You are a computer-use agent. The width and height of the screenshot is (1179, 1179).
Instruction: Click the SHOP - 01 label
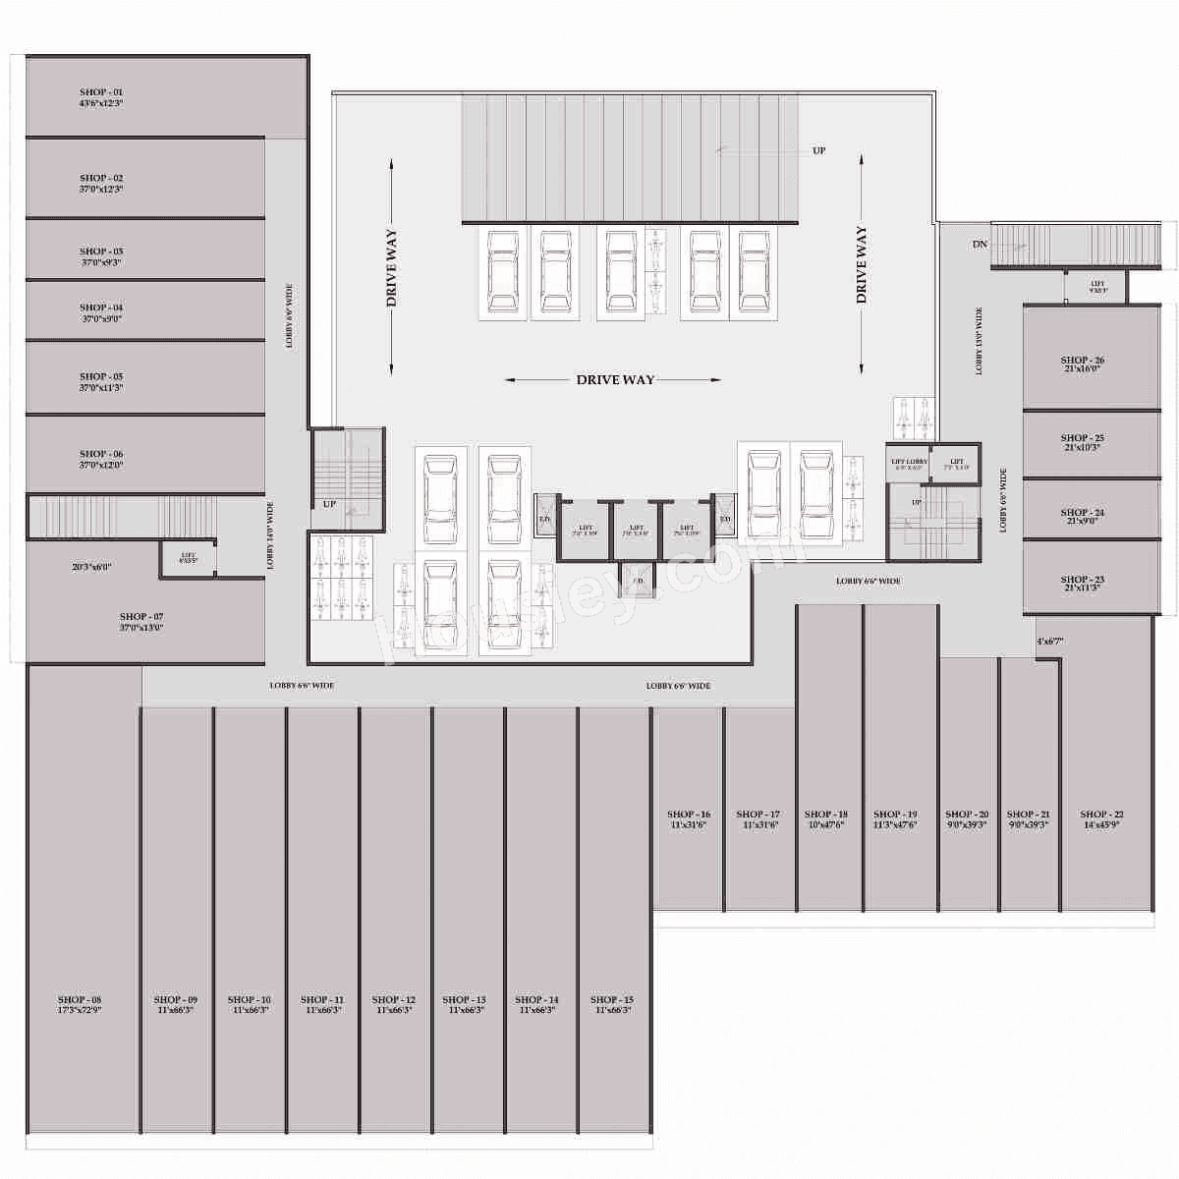coord(101,92)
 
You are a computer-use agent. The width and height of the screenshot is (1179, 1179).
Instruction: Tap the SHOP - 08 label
coord(80,999)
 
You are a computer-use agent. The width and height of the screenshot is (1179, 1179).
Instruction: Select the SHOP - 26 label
coord(1082,361)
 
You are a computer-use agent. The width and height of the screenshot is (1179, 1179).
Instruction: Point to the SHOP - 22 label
coord(1101,814)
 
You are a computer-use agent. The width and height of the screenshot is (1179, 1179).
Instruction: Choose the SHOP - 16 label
coord(689,814)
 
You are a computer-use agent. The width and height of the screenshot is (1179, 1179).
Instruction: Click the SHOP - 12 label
coord(393,999)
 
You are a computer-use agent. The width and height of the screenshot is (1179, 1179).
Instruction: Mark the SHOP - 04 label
coord(101,308)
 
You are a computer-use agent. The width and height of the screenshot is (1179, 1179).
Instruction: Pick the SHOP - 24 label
coord(1082,512)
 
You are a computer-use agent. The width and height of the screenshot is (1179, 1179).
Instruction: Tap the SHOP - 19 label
coord(895,814)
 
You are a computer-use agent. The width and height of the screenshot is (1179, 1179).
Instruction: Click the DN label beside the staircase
coord(980,244)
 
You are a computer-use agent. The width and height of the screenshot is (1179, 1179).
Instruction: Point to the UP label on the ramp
coord(818,151)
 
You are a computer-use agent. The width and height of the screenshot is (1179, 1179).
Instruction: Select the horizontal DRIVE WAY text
coord(615,379)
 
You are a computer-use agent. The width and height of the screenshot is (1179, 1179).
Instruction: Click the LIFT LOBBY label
coord(909,462)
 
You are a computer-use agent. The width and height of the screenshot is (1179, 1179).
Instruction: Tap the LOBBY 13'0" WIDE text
coord(980,341)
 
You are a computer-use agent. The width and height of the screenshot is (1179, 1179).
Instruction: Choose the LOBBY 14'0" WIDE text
coord(271,536)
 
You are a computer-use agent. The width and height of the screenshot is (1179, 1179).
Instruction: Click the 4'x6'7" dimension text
coord(1049,642)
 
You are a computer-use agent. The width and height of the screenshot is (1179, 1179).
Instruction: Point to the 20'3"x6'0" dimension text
coord(91,567)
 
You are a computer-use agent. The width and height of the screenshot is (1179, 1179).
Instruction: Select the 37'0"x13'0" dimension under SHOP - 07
coord(141,628)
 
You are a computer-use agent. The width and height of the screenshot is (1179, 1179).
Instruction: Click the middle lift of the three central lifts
coord(636,531)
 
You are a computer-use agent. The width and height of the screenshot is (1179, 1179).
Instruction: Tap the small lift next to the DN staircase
coord(1097,287)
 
